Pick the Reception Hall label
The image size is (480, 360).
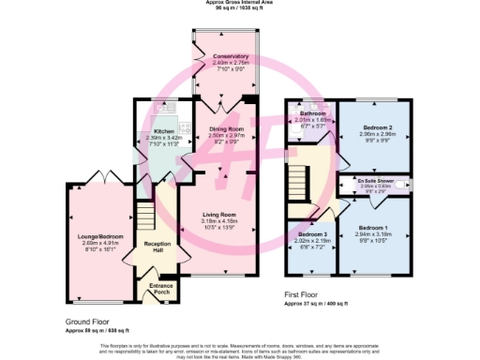153,247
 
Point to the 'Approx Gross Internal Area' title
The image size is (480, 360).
239,3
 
